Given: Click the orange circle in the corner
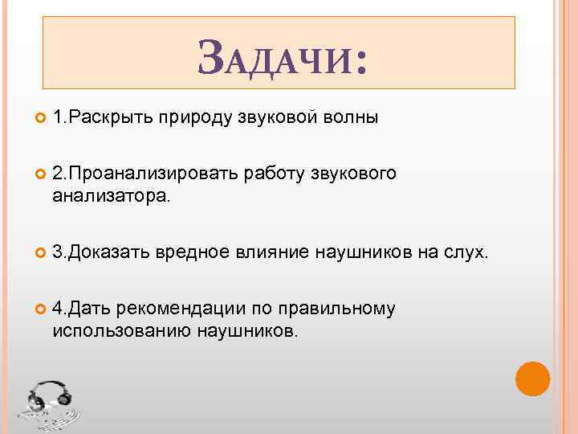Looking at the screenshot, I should [x=532, y=379].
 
